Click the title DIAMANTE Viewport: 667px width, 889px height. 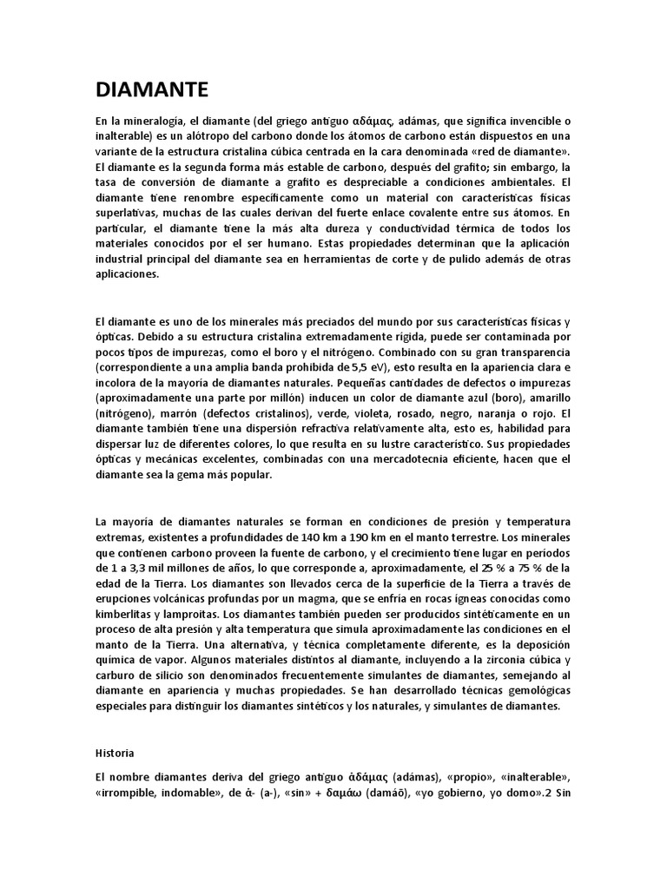[x=151, y=89]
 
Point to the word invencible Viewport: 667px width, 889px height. [x=529, y=120]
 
